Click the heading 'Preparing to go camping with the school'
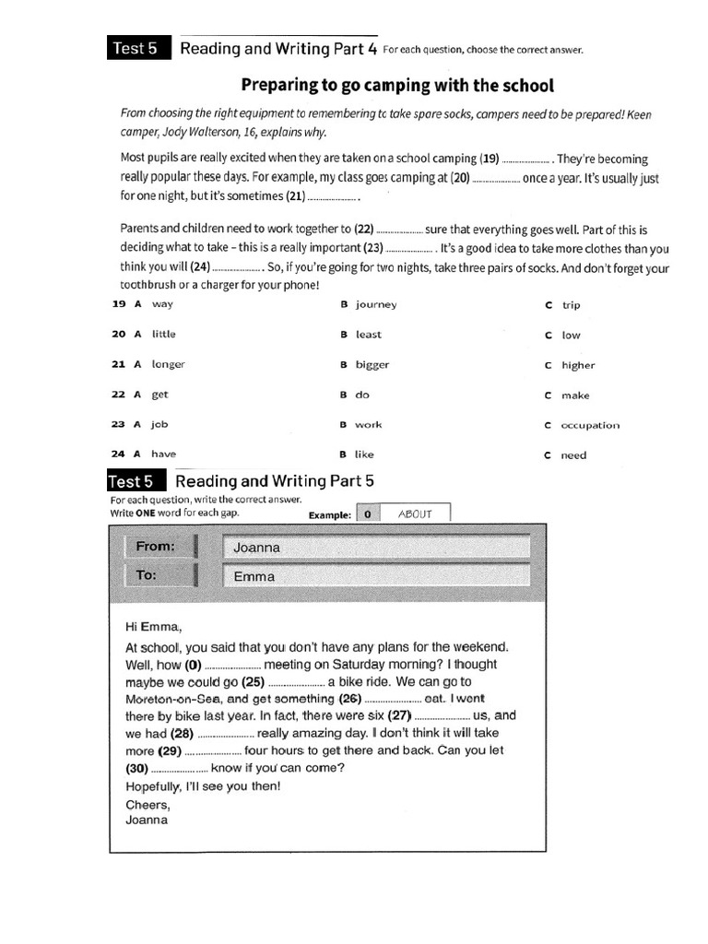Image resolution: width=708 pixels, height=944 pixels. coord(397,86)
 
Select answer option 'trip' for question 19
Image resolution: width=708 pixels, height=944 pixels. coord(571,305)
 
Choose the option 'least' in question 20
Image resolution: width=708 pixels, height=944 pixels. coord(368,335)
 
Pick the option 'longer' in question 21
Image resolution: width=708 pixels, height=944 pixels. coord(168,364)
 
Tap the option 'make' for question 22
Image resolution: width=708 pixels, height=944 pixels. coord(575,395)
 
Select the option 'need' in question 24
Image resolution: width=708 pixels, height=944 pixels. coord(573,455)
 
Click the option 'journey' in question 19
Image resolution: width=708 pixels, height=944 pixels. coord(376,304)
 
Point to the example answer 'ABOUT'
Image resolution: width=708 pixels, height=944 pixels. coord(415,514)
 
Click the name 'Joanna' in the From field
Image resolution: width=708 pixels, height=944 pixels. coord(256,548)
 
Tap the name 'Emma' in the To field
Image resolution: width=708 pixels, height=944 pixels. coord(254,577)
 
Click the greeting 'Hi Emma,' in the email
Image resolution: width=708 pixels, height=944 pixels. coord(153,628)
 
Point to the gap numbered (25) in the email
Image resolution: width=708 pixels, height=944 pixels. coord(295,683)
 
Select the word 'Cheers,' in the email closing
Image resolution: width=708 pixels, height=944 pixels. coord(147,804)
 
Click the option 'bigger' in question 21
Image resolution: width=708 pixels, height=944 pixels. coord(372,364)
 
